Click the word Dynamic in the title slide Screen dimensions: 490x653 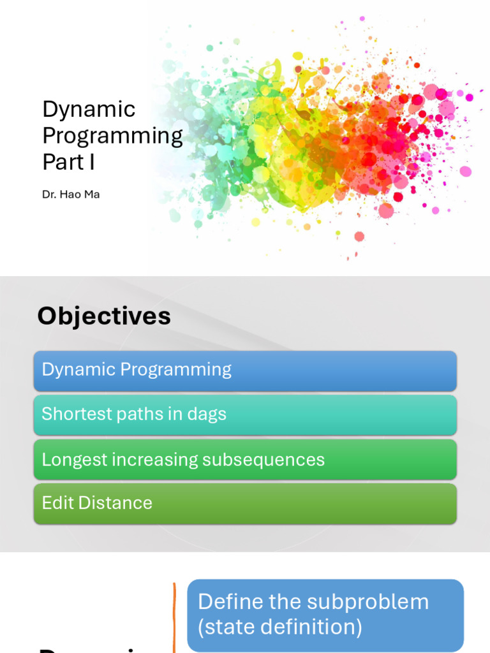coord(89,109)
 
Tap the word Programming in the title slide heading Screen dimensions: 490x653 coord(112,136)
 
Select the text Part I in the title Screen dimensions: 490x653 coord(68,162)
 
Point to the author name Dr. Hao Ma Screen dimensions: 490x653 coord(71,194)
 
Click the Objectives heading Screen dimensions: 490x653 coord(104,316)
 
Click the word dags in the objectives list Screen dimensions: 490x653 coord(205,415)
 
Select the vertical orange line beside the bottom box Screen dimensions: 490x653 coord(174,616)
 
